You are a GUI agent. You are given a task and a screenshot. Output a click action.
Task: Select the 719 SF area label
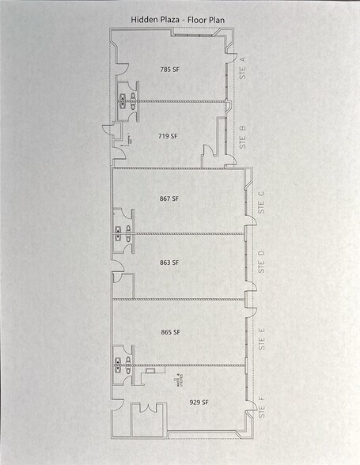coord(168,136)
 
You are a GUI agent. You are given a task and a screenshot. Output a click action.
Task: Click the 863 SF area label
coord(170,262)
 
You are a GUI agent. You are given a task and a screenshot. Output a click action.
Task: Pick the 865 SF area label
coord(170,332)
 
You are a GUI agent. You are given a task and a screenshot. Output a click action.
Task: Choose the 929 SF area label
coord(199,403)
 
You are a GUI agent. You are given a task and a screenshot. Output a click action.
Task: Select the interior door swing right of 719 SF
coord(209,153)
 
